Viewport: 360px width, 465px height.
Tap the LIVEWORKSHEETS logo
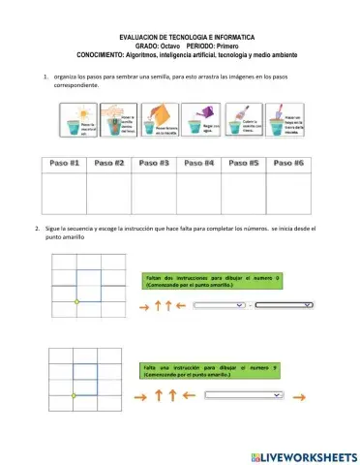(303, 455)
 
